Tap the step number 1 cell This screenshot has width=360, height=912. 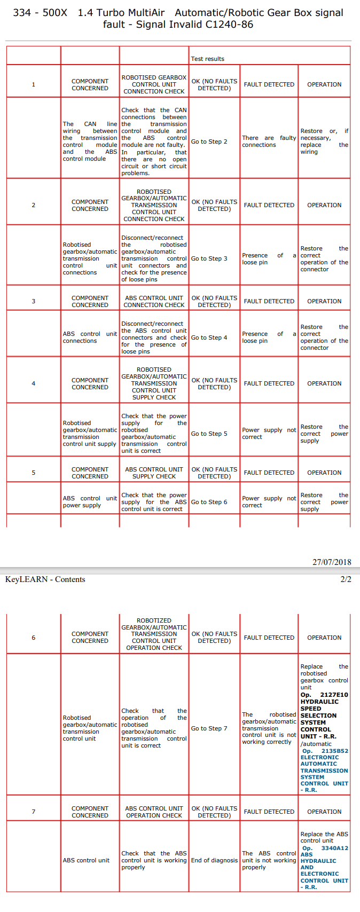(x=34, y=84)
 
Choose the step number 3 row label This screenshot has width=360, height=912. (x=34, y=301)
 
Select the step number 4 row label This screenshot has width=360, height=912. (x=34, y=383)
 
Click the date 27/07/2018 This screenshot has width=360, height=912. (x=332, y=562)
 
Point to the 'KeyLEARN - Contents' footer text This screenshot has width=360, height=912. (x=45, y=579)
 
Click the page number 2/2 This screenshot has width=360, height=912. (x=346, y=579)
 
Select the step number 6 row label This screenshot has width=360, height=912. (x=34, y=638)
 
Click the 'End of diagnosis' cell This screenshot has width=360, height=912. (x=214, y=860)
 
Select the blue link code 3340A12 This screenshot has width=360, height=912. (x=334, y=848)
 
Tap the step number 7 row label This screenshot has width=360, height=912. (x=34, y=812)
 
